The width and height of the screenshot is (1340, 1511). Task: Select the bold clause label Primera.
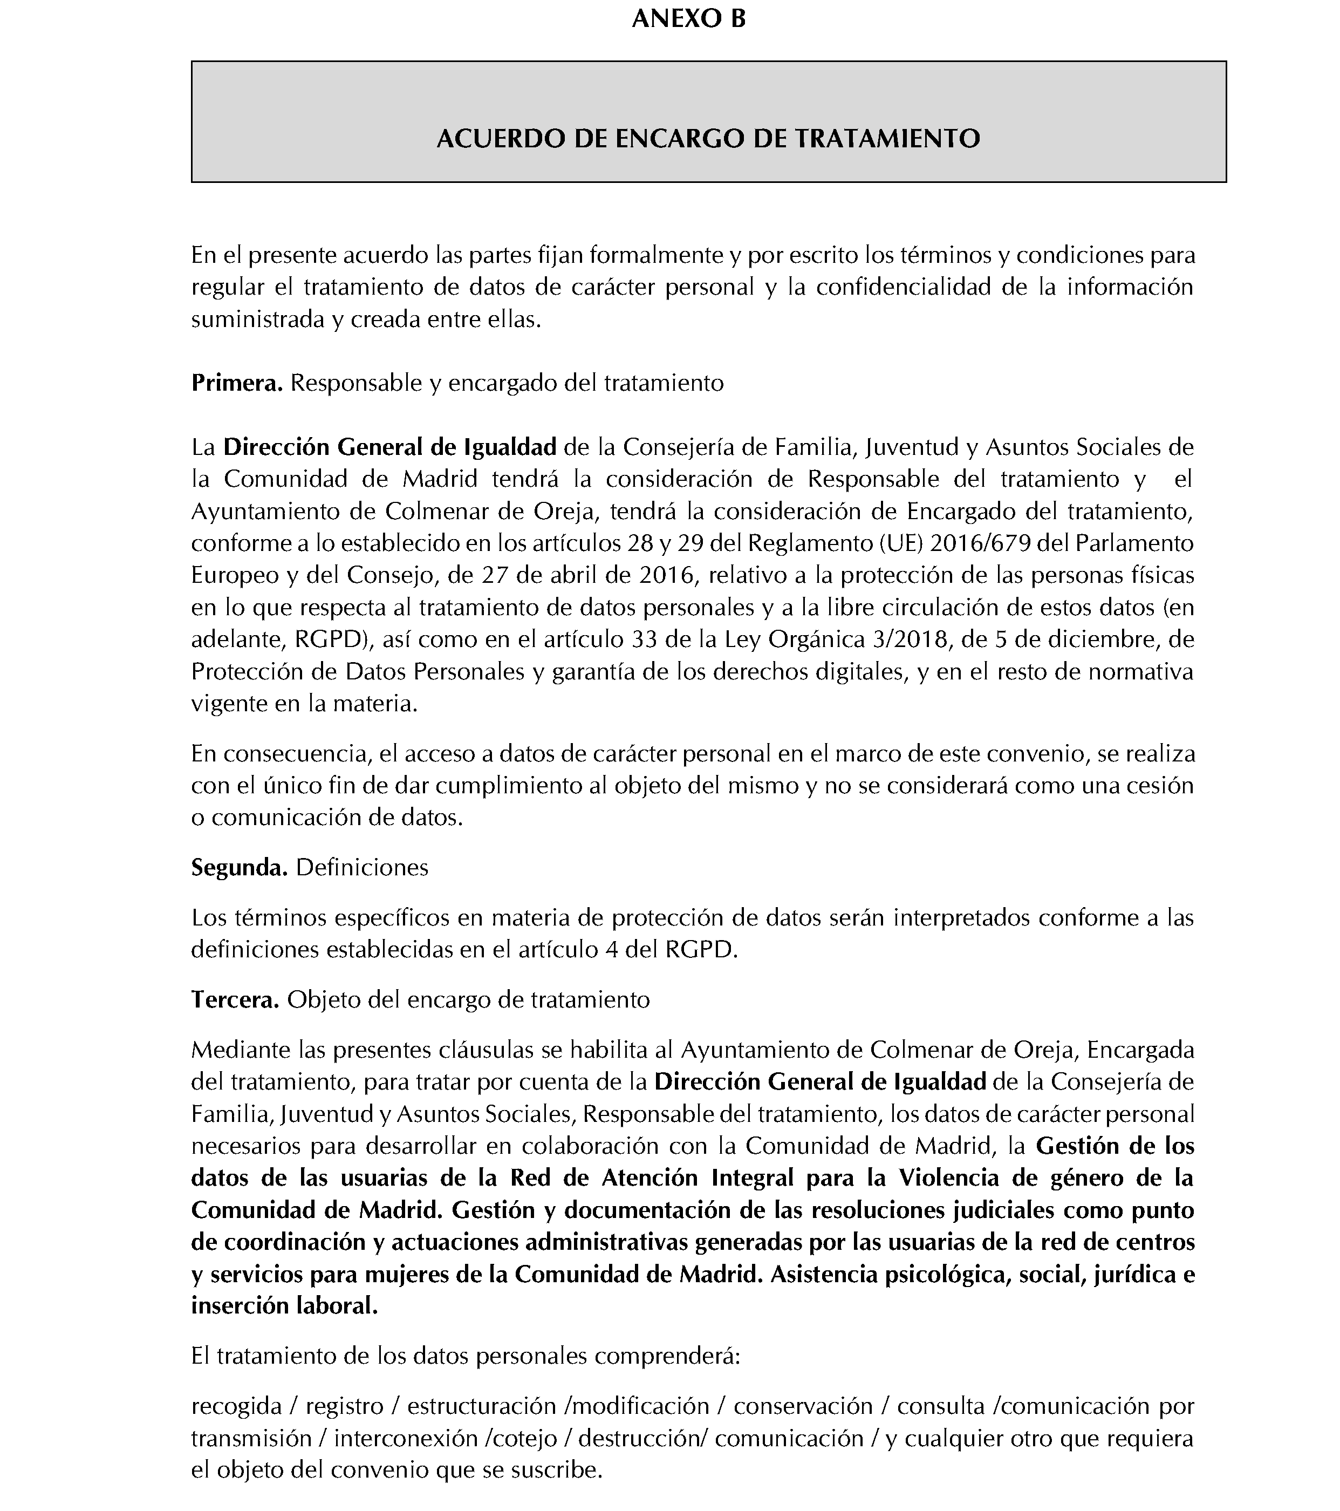(x=236, y=383)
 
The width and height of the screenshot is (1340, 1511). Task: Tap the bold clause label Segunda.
(x=239, y=867)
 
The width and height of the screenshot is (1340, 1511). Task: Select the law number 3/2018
(x=909, y=639)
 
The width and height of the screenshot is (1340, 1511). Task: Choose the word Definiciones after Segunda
(x=361, y=867)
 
